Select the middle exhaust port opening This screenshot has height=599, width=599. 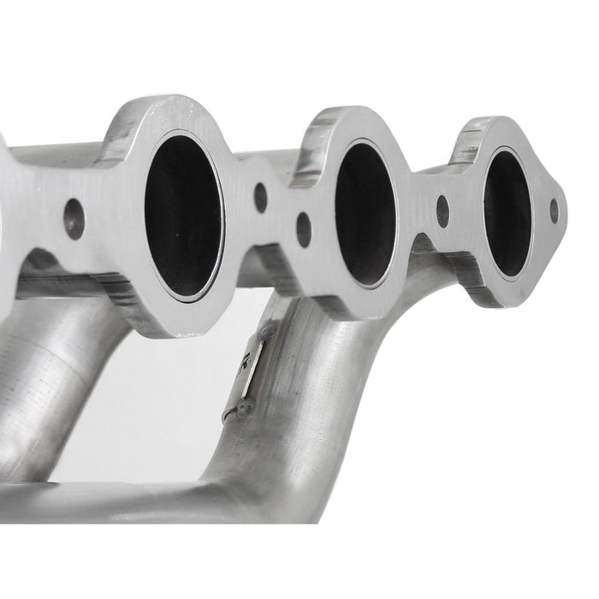365,214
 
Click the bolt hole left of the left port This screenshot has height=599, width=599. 74,219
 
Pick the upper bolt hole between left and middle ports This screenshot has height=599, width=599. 261,198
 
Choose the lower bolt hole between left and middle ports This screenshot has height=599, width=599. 304,229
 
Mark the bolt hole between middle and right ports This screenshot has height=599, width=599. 442,211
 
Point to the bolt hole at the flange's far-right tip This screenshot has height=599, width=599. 554,211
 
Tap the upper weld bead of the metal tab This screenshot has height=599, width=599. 268,329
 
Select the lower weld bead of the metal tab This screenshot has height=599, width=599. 231,415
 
